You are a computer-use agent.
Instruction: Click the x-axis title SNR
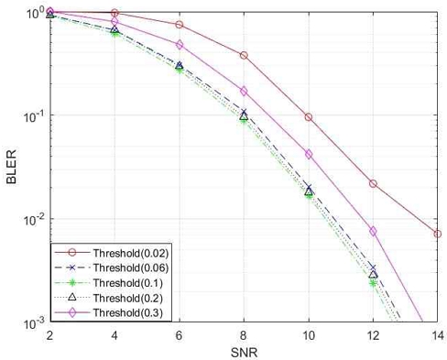click(x=243, y=351)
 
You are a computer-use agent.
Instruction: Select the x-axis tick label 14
click(x=437, y=335)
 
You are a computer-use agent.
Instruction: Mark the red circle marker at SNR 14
click(x=437, y=234)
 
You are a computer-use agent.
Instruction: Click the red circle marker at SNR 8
click(x=244, y=56)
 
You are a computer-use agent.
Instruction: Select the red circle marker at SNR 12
click(x=373, y=183)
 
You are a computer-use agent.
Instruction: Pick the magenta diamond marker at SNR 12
click(x=373, y=231)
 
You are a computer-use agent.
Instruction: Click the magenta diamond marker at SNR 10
click(x=309, y=154)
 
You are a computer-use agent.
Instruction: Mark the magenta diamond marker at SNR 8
click(x=244, y=91)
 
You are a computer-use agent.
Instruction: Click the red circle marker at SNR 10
click(x=309, y=117)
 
